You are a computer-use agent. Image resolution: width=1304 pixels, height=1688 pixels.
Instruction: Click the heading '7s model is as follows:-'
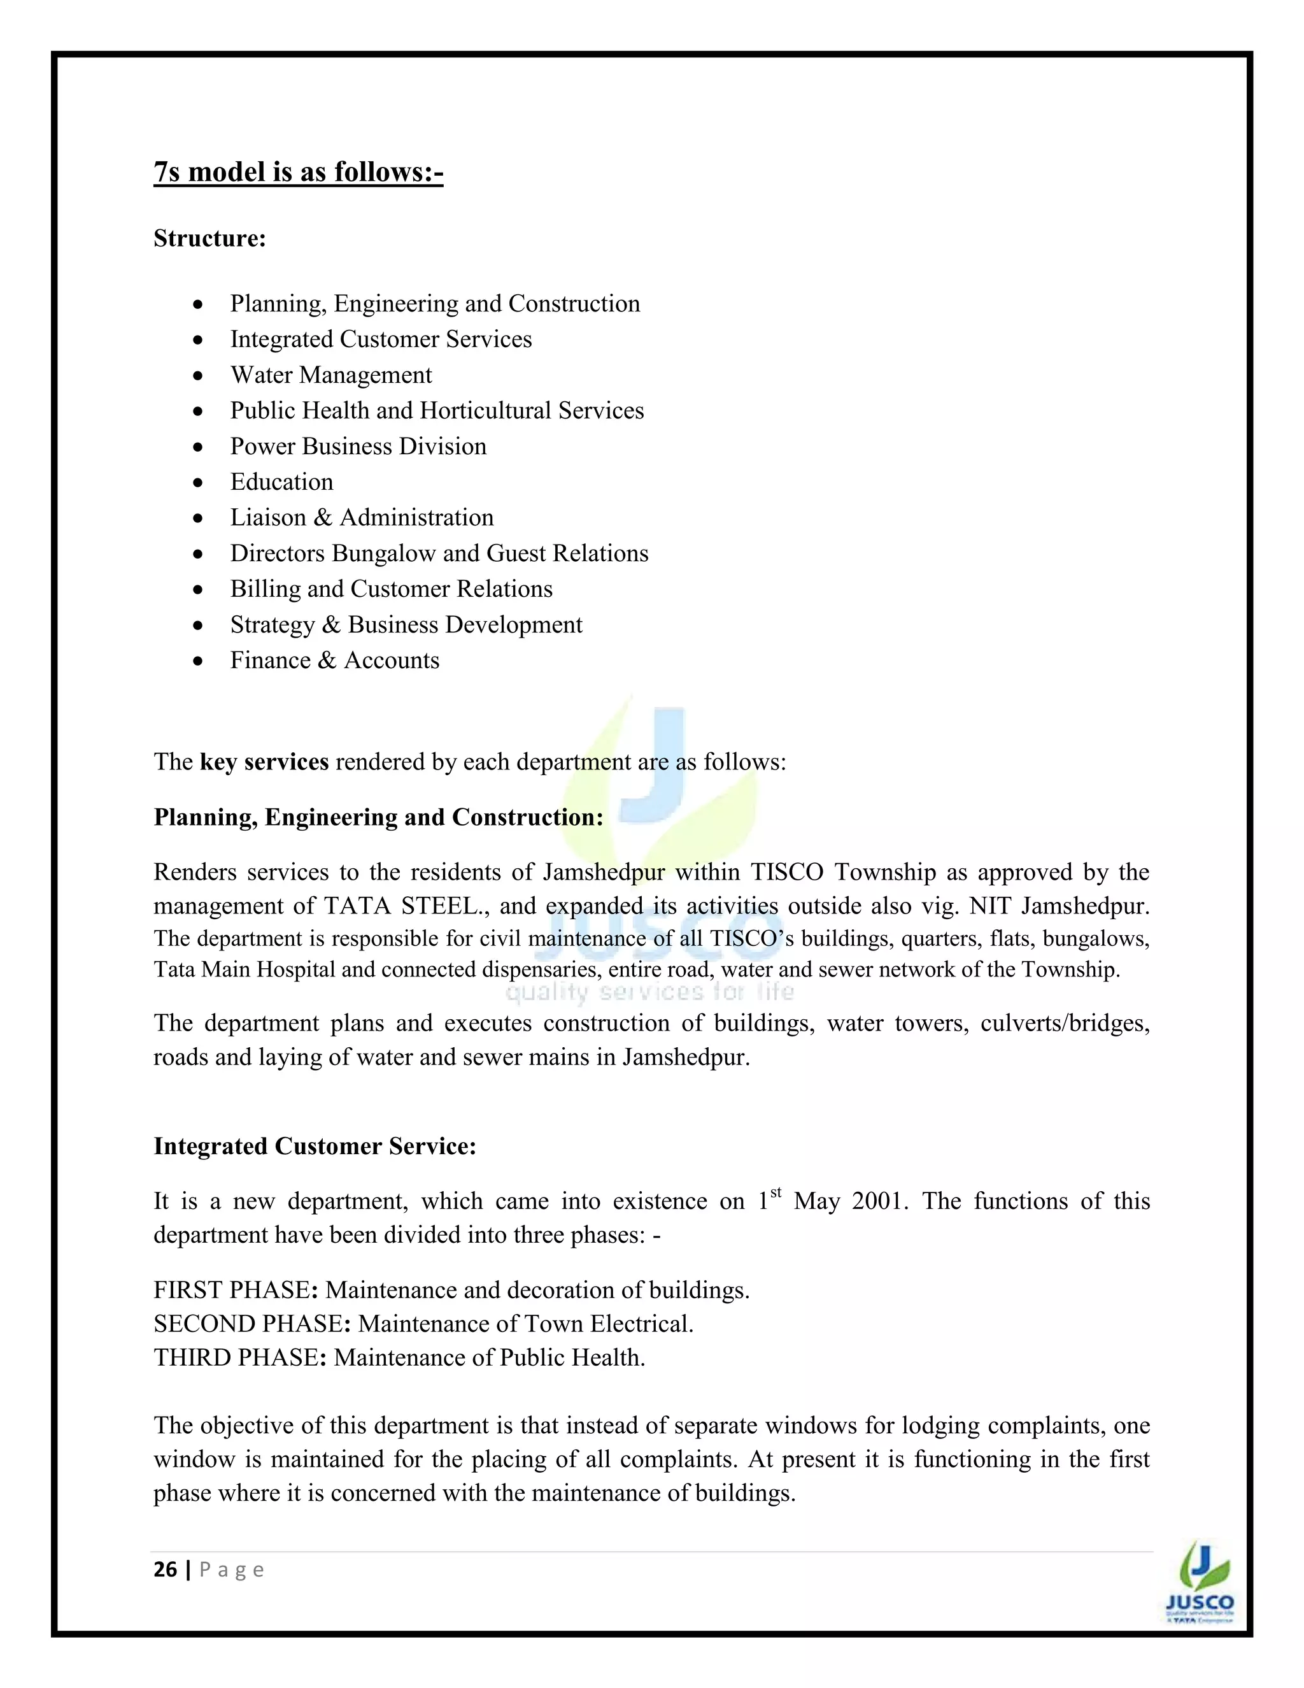298,171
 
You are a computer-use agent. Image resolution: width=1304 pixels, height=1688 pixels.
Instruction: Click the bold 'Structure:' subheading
209,238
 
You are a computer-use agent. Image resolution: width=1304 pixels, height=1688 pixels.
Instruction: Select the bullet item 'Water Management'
330,375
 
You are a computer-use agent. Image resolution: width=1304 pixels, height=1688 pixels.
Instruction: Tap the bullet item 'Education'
281,482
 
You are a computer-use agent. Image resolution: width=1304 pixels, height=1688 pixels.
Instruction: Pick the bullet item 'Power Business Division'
358,446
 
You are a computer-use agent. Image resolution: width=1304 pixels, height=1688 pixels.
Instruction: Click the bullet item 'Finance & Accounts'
334,660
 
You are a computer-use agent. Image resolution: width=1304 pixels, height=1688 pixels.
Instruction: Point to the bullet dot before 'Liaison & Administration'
199,518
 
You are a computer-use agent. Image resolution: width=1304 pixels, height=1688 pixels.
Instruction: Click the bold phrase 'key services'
264,762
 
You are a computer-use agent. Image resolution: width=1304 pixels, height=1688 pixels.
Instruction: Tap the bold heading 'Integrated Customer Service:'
315,1145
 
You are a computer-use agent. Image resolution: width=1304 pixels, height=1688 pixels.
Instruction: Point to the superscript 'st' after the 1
776,1192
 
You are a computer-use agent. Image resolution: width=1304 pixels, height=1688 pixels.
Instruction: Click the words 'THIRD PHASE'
236,1357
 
